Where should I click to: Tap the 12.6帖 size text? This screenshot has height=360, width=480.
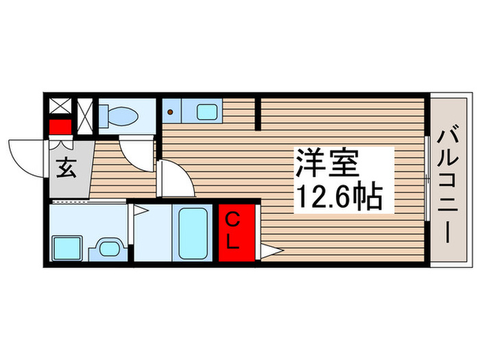339,197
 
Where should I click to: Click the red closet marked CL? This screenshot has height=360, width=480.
237,232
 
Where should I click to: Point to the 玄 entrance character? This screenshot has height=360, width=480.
66,167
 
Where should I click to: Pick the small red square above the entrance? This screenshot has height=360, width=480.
60,127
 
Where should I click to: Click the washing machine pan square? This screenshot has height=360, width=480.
68,245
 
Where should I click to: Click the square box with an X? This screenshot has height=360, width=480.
60,106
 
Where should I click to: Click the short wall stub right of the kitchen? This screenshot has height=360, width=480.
259,113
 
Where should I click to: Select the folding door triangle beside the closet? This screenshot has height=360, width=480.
267,252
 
